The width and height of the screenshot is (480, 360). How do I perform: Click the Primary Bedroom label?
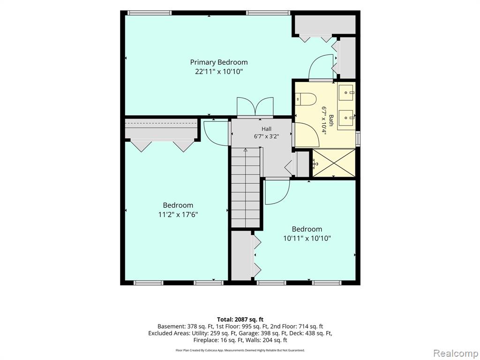(x=219, y=62)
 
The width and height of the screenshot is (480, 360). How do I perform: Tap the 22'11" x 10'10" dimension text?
(x=219, y=72)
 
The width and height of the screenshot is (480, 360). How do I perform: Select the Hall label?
(x=266, y=129)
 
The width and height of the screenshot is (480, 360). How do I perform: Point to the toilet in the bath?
(x=306, y=99)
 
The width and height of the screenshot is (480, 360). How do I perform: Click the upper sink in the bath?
(x=347, y=92)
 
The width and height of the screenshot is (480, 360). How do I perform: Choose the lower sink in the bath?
(x=347, y=118)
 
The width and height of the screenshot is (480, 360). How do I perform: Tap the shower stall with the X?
(x=334, y=163)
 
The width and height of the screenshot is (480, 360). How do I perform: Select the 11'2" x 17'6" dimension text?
(x=178, y=215)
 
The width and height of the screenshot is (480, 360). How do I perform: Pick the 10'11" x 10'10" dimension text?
(x=307, y=239)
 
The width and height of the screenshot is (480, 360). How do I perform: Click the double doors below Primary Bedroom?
(x=255, y=107)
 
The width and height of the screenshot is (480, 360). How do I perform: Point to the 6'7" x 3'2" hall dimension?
(x=266, y=136)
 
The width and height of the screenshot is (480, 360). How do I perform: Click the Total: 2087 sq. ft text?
(x=240, y=320)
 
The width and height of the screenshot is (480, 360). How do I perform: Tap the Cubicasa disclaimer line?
(x=240, y=350)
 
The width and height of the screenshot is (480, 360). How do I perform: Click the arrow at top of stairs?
(x=245, y=150)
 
